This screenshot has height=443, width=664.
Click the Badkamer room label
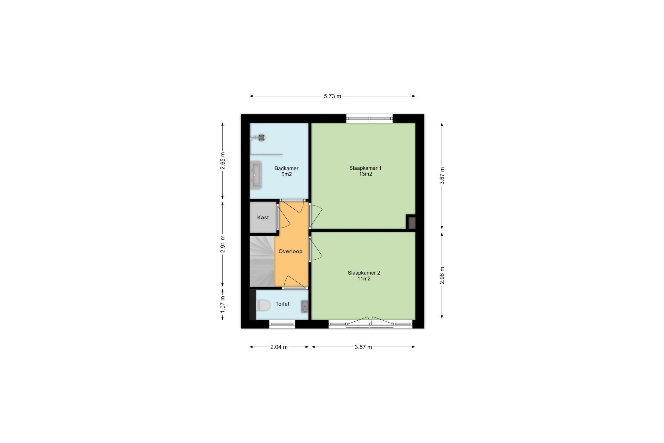[286, 168]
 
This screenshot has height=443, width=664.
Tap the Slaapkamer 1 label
[365, 168]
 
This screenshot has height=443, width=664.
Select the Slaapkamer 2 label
[364, 273]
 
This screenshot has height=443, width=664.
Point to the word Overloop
[290, 251]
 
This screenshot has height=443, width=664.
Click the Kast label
[263, 217]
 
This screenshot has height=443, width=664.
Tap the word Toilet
[282, 304]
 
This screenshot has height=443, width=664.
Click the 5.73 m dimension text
[333, 96]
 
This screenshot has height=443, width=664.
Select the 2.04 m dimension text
[279, 347]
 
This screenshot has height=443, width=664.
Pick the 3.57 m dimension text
[363, 347]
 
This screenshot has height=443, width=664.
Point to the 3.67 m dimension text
[442, 176]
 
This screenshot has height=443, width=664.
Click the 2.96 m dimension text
[442, 275]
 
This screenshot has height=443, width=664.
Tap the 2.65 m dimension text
[222, 161]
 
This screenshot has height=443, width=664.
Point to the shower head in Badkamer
[261, 138]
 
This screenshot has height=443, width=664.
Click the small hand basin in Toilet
[305, 306]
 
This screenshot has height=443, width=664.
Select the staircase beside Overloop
[262, 261]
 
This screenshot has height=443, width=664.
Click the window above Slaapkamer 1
[370, 118]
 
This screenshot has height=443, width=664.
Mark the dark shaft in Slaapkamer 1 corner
[412, 223]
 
